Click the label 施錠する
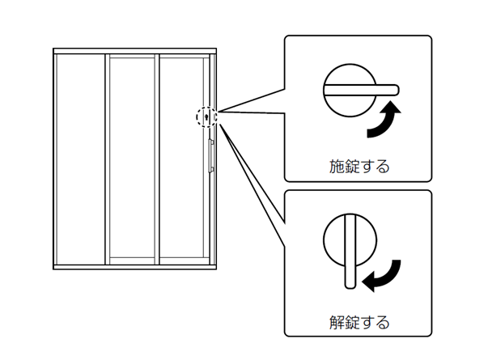(359, 167)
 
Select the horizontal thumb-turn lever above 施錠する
(360, 88)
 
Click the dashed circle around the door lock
(207, 117)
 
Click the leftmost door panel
(80, 159)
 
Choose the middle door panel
(133, 159)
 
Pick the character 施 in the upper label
(337, 167)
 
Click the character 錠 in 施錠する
(352, 167)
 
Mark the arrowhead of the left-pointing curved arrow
(367, 282)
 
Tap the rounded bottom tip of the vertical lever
(349, 282)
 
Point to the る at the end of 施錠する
(383, 167)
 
